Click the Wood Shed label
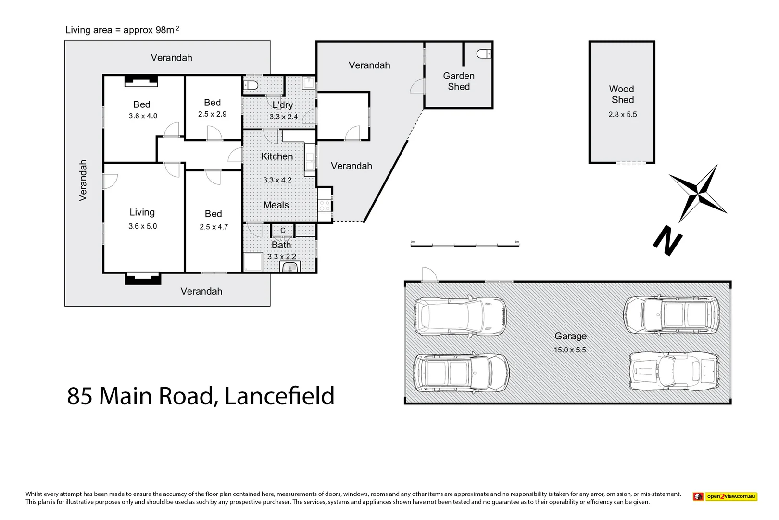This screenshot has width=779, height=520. click(622, 94)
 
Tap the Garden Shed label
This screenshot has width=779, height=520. click(459, 81)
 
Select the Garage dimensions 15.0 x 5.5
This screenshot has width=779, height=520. click(570, 350)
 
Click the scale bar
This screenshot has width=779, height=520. click(465, 245)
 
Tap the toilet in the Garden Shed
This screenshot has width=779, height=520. click(484, 53)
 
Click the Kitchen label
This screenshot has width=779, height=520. click(276, 156)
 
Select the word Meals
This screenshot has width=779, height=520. click(276, 205)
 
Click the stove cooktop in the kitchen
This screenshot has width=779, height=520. click(325, 206)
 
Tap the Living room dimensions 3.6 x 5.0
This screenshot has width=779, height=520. click(142, 226)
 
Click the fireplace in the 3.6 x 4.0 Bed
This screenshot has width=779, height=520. click(141, 81)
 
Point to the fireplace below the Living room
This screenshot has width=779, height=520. click(143, 278)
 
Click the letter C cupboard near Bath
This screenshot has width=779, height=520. click(283, 231)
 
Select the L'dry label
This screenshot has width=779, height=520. click(282, 105)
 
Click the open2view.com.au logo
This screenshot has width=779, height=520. click(725, 496)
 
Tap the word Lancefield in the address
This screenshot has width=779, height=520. click(279, 396)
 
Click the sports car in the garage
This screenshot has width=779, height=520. click(674, 371)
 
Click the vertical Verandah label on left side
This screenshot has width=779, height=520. click(83, 180)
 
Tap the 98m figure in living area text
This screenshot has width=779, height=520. click(164, 30)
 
